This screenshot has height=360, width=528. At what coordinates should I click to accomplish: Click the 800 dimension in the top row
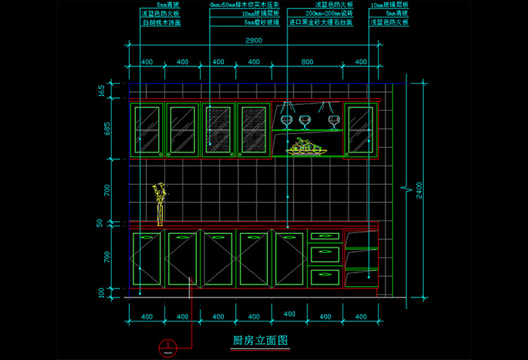click(307, 62)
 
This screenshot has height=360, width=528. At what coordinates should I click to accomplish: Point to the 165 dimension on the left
click(105, 91)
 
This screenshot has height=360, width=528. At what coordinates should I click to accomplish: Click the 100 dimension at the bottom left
click(105, 292)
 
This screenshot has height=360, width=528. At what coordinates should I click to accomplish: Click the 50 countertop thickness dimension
click(105, 223)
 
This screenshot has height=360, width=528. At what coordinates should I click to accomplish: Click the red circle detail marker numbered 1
click(167, 348)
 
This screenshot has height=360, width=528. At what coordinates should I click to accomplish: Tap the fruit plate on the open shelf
click(306, 147)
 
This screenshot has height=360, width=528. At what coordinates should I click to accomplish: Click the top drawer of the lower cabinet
click(324, 237)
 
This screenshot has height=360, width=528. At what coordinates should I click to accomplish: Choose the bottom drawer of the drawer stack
click(324, 276)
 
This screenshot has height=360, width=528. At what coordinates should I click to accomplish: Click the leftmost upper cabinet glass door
click(147, 129)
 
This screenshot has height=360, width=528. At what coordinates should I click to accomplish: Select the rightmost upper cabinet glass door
click(360, 129)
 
